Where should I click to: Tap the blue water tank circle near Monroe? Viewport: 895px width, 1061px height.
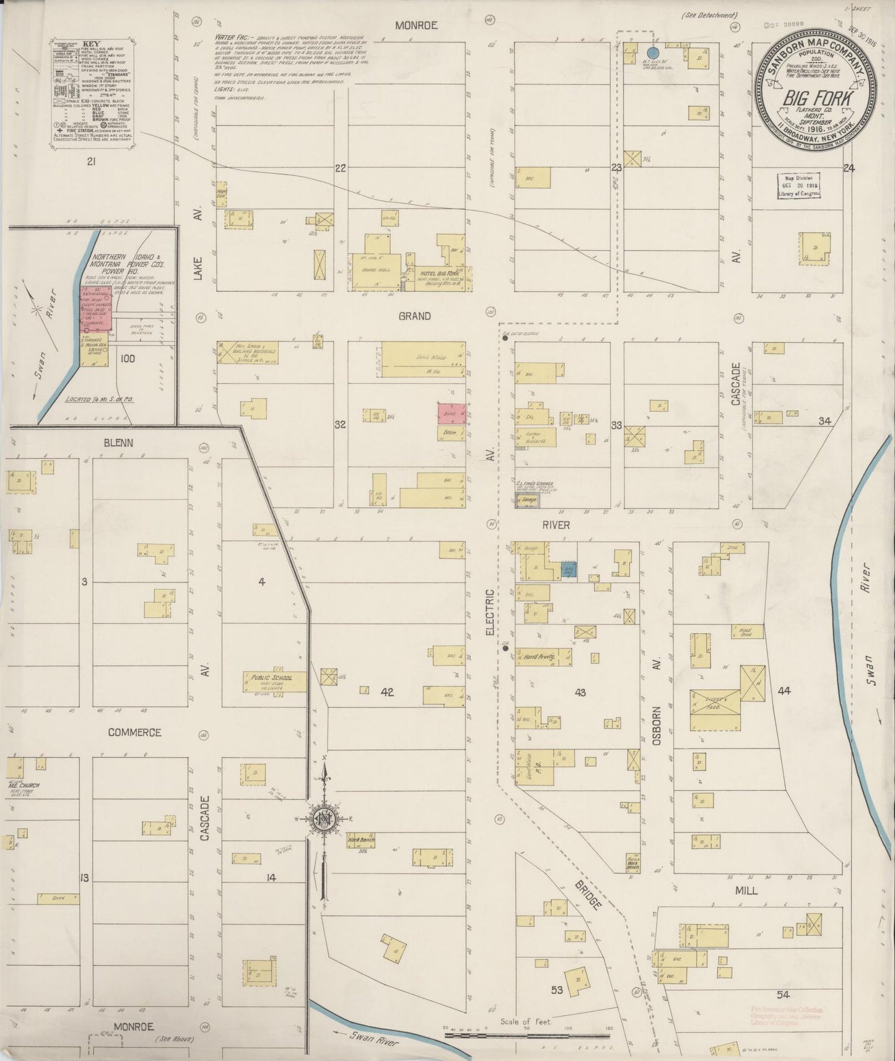click(x=652, y=53)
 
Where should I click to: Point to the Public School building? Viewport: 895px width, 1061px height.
click(x=268, y=682)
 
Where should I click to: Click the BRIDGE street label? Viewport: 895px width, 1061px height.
click(x=591, y=891)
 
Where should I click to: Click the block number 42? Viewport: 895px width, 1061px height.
click(x=387, y=692)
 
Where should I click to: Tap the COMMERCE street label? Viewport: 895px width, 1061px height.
click(x=134, y=732)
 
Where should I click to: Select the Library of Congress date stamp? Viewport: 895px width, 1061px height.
click(x=800, y=185)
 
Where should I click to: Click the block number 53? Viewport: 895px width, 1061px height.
click(x=557, y=990)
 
